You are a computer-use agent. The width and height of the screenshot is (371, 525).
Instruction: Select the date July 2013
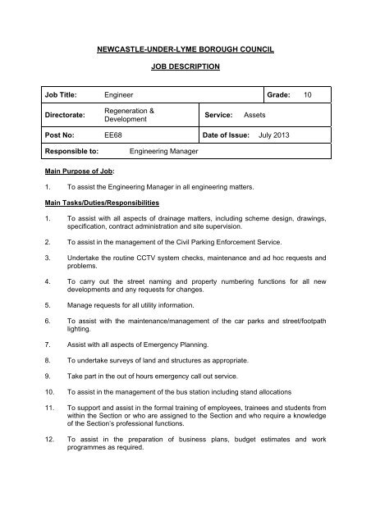[x=277, y=134]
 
